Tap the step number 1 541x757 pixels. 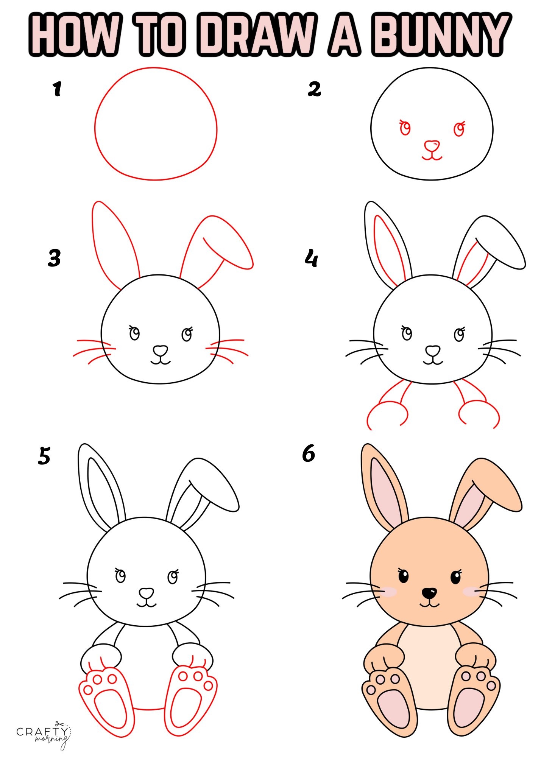coord(57,89)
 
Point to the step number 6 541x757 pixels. coord(308,453)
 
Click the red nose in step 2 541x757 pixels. coord(432,145)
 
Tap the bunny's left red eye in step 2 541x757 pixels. coord(405,128)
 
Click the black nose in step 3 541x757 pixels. coord(161,350)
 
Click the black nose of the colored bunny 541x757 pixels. coord(429,593)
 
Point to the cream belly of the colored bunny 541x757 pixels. coord(428,662)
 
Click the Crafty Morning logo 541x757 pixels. coord(44,733)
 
